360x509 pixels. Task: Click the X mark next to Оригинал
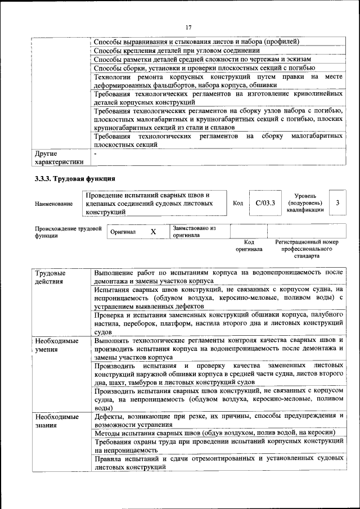coord(153,232)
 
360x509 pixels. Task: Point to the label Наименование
coord(53,204)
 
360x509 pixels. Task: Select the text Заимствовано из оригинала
coord(194,232)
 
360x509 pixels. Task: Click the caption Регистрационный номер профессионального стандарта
coord(307,248)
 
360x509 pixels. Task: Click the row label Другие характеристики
coord(59,157)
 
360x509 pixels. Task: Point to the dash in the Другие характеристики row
coord(96,153)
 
